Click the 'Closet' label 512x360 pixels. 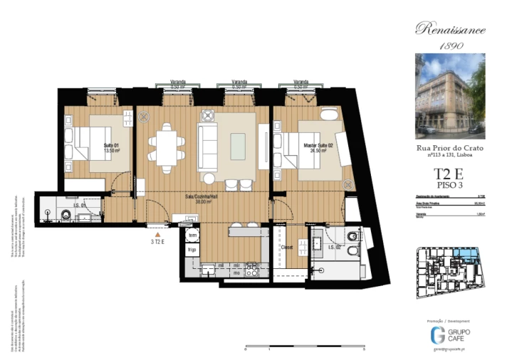[287, 248]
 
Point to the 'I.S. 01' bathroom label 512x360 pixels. [80, 206]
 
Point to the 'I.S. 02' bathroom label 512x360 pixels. [331, 247]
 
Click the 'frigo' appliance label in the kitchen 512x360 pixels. [192, 249]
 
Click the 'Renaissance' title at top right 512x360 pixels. [450, 29]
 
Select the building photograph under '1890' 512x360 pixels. [450, 96]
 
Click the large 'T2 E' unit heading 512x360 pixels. [450, 174]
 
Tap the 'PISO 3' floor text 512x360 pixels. [450, 186]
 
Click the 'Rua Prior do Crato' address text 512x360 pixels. [450, 147]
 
